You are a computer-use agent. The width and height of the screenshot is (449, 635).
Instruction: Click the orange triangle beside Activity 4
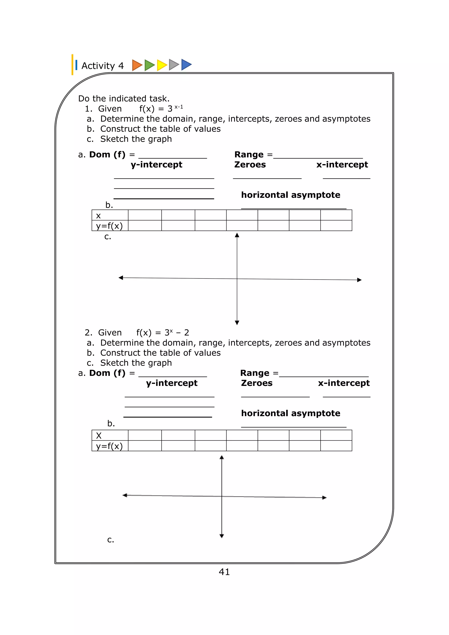137,65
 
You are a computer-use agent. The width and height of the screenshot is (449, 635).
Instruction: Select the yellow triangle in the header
161,65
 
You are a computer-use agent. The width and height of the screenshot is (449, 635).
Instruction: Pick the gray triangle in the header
173,65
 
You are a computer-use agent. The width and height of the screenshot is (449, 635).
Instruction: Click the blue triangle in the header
186,65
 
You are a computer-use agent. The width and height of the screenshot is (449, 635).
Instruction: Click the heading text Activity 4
102,66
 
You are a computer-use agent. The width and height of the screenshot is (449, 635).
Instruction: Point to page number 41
224,572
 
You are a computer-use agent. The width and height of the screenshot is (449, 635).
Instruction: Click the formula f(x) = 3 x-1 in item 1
161,108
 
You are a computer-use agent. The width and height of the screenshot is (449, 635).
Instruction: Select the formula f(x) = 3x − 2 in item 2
163,332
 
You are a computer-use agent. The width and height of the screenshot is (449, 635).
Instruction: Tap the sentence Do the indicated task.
124,98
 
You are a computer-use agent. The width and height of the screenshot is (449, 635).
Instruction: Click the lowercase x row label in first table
98,216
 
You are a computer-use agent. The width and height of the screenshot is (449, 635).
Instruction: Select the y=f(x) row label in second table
109,446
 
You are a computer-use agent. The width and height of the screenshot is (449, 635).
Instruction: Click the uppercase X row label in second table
99,436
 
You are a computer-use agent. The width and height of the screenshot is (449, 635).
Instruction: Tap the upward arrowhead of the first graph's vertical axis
237,235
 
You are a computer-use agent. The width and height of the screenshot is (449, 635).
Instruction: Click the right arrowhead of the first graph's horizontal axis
359,280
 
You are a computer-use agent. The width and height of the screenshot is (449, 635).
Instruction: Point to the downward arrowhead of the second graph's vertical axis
221,536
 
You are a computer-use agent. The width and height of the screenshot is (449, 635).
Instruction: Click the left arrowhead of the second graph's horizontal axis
125,495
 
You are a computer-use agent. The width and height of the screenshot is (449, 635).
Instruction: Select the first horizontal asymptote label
290,195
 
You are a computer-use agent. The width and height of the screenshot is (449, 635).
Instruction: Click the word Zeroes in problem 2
257,383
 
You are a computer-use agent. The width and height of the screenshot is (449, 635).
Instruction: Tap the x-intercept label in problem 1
342,164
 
